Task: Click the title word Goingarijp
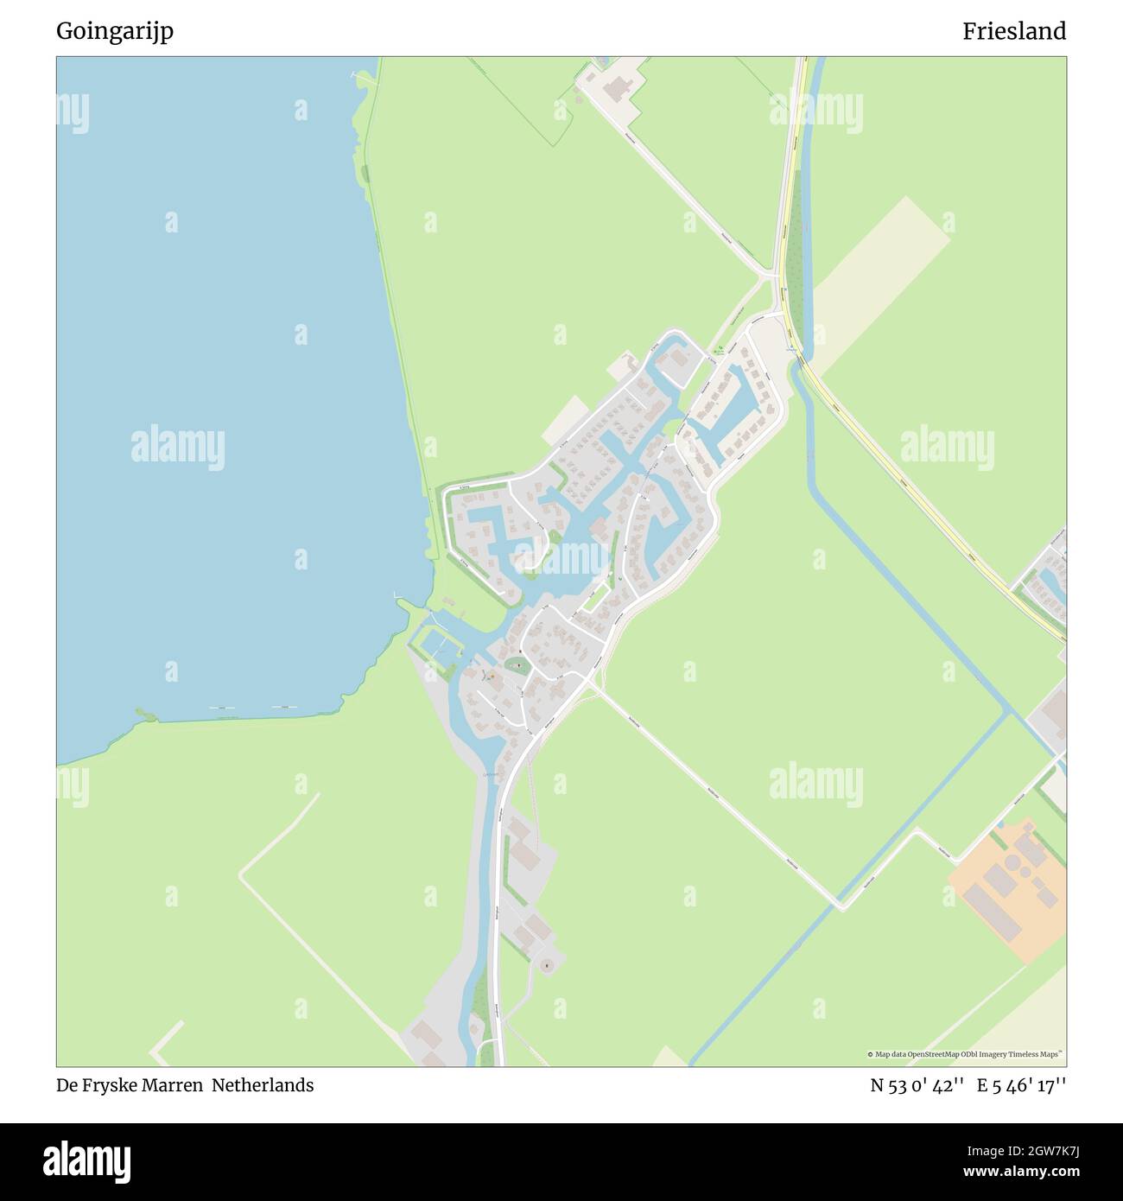click(x=115, y=31)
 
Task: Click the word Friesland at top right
click(x=1014, y=31)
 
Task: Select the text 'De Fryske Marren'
click(x=130, y=1085)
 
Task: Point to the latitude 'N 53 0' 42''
click(x=918, y=1085)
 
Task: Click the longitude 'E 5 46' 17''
click(x=1022, y=1085)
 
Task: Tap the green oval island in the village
click(x=517, y=665)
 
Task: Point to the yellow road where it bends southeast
click(x=799, y=354)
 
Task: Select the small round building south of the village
click(x=545, y=964)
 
